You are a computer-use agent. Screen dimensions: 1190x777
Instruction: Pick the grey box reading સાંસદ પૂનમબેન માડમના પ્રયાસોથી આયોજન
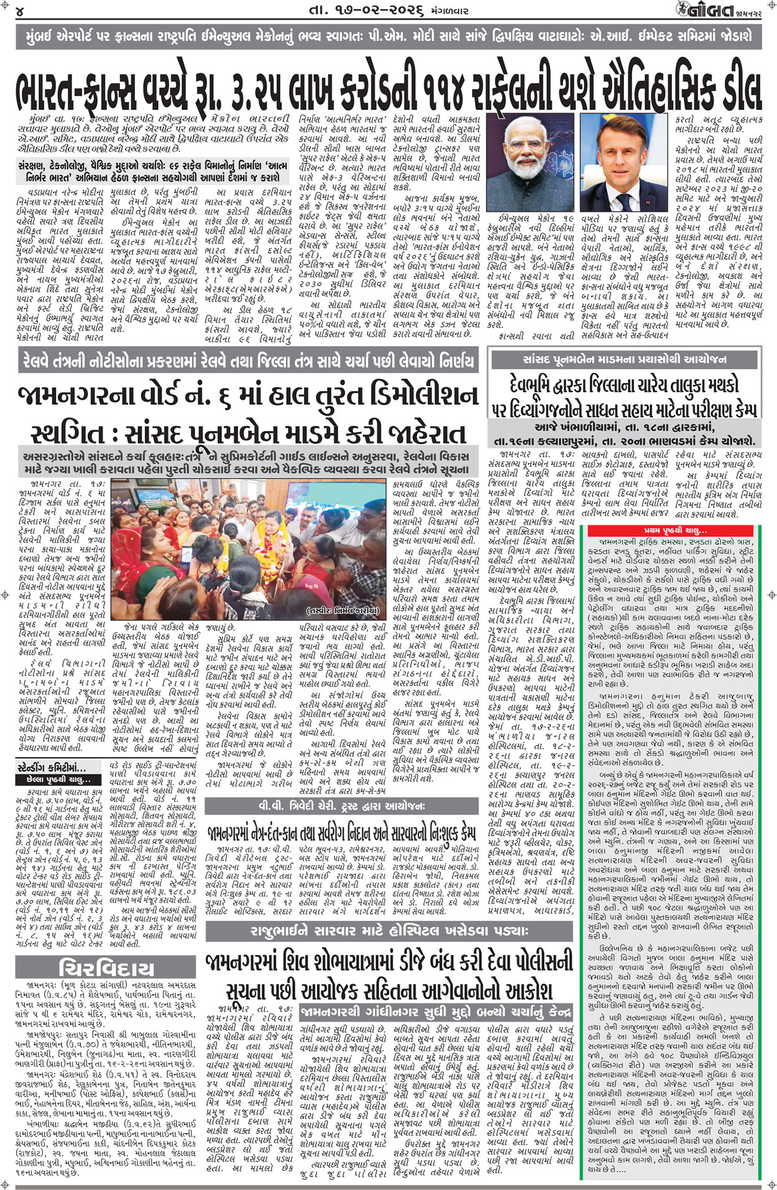[x=624, y=359]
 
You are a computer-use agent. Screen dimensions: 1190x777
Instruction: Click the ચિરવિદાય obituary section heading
[x=106, y=968]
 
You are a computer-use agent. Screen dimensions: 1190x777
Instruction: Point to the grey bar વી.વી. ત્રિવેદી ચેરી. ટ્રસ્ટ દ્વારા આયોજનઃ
[x=342, y=806]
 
